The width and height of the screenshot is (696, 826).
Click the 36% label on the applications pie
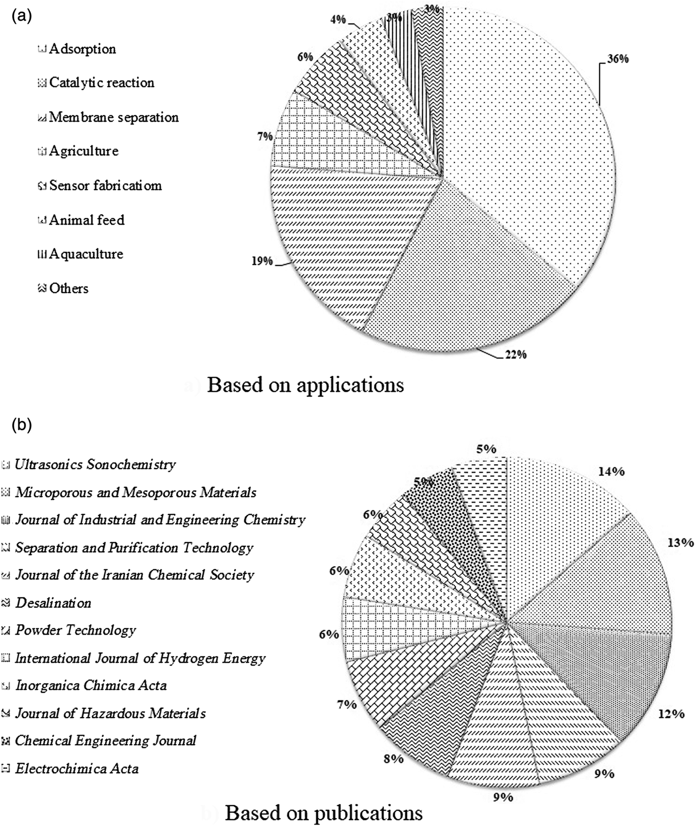pos(617,59)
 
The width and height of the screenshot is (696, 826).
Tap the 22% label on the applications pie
pos(515,354)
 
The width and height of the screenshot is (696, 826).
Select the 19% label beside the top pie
pos(261,260)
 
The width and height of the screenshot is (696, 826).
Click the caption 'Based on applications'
pos(305,385)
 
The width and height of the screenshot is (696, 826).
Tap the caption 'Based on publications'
pos(324,813)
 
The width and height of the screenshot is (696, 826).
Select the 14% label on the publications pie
pos(611,471)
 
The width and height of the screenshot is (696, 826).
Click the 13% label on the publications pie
pos(680,542)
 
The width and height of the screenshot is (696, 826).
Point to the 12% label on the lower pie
pos(671,714)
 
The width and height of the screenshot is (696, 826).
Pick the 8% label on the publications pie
pos(393,759)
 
